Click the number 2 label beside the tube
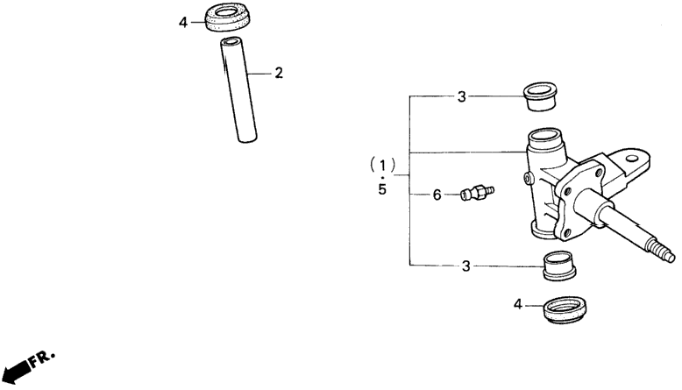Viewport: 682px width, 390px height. coord(279,73)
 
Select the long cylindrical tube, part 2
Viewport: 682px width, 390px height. coord(238,90)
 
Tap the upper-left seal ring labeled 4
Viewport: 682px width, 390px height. coord(227,18)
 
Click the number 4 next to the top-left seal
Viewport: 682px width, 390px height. coord(183,23)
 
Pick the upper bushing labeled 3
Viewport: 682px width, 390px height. coord(540,97)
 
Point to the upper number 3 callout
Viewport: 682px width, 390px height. coord(461,96)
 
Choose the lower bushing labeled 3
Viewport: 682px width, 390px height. coord(559,266)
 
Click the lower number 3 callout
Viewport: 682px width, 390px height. coord(465,266)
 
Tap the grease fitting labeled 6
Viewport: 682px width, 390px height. coord(477,193)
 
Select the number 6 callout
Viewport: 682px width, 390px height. coord(437,195)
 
